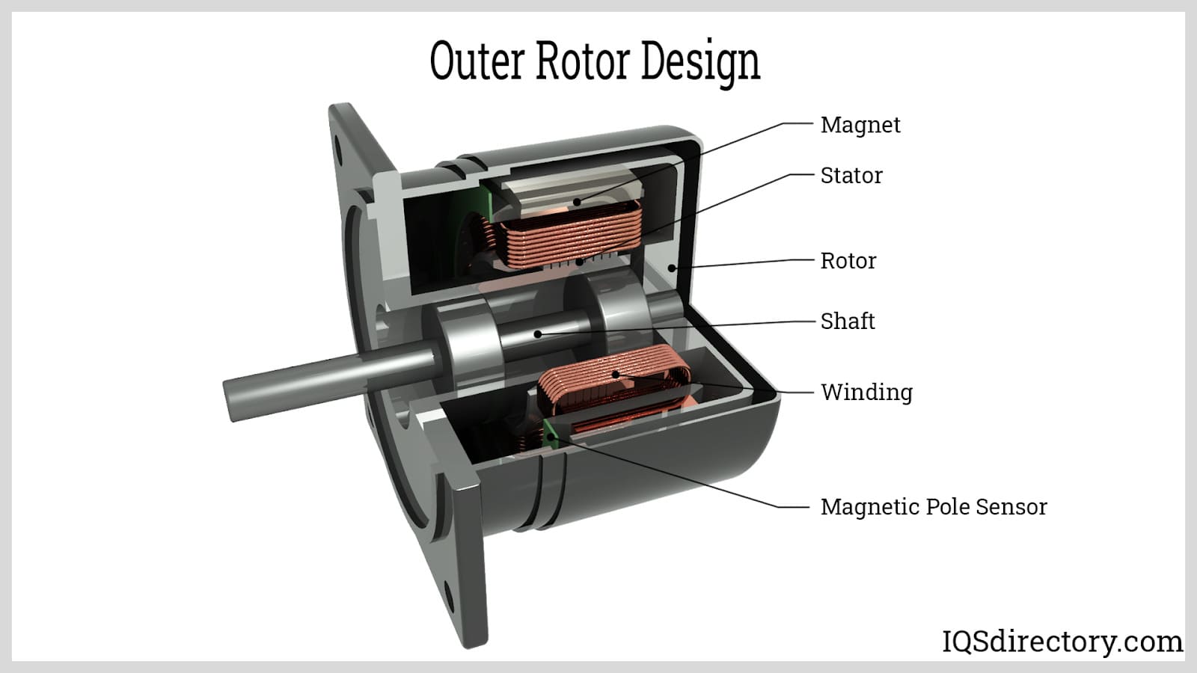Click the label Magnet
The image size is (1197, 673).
pyautogui.click(x=860, y=125)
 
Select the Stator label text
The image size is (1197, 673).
pyautogui.click(x=851, y=176)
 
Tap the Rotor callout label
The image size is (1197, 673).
pyautogui.click(x=848, y=261)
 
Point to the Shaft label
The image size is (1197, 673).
pyautogui.click(x=848, y=321)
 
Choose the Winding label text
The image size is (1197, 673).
pyautogui.click(x=867, y=393)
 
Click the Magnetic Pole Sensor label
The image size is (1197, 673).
pyautogui.click(x=934, y=507)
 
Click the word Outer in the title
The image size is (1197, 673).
pyautogui.click(x=477, y=61)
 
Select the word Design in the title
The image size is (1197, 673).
pyautogui.click(x=700, y=63)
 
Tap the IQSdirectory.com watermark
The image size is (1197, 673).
pyautogui.click(x=1062, y=642)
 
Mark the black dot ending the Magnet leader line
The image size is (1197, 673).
pyautogui.click(x=577, y=203)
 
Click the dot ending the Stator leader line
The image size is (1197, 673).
pyautogui.click(x=580, y=262)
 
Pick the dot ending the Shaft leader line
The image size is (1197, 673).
pyautogui.click(x=538, y=334)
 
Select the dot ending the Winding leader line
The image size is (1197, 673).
pyautogui.click(x=616, y=375)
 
